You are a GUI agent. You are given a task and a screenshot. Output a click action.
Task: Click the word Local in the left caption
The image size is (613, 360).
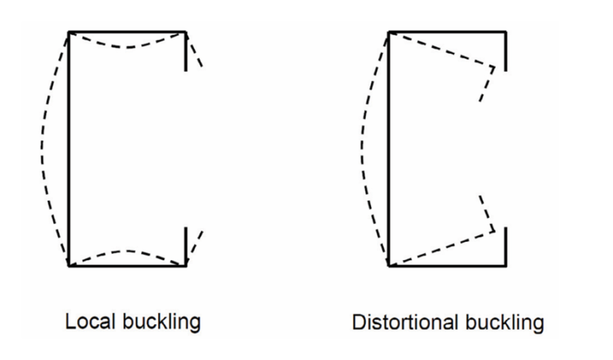click(x=90, y=322)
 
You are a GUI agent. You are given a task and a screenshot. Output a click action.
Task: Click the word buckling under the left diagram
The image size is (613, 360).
click(x=161, y=322)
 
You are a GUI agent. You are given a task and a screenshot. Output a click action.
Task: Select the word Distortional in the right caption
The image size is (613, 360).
click(x=405, y=322)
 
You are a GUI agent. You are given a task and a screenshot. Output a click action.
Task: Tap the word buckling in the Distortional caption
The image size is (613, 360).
click(x=504, y=323)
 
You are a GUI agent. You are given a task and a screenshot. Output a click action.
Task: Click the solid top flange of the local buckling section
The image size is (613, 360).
click(x=128, y=32)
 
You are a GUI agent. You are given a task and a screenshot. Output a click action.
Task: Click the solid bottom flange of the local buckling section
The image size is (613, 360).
click(x=128, y=266)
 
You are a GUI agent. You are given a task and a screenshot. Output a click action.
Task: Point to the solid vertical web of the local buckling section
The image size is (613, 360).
click(x=69, y=149)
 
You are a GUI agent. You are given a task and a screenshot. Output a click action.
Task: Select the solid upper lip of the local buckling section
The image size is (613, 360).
click(x=186, y=51)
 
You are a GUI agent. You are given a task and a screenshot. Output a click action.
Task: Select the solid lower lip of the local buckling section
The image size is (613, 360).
click(x=186, y=247)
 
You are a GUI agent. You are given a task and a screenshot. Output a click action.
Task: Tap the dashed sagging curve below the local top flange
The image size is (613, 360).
click(x=128, y=47)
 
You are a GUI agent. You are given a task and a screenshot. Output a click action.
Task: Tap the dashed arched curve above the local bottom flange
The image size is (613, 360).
click(x=128, y=251)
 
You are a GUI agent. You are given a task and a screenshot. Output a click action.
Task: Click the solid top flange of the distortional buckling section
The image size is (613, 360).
click(x=448, y=32)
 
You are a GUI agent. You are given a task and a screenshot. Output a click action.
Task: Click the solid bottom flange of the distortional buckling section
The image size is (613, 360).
click(x=448, y=266)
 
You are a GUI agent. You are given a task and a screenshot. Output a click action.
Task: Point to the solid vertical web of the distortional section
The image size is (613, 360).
click(x=389, y=149)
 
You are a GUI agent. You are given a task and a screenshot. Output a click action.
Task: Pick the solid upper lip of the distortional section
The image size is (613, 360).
click(x=506, y=51)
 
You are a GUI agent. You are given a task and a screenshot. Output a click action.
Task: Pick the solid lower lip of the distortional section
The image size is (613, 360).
click(x=506, y=247)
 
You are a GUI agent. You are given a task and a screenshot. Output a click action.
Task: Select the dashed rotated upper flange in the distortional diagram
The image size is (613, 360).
click(x=442, y=50)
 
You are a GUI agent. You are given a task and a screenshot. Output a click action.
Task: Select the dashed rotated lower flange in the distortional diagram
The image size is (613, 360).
click(x=442, y=247)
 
